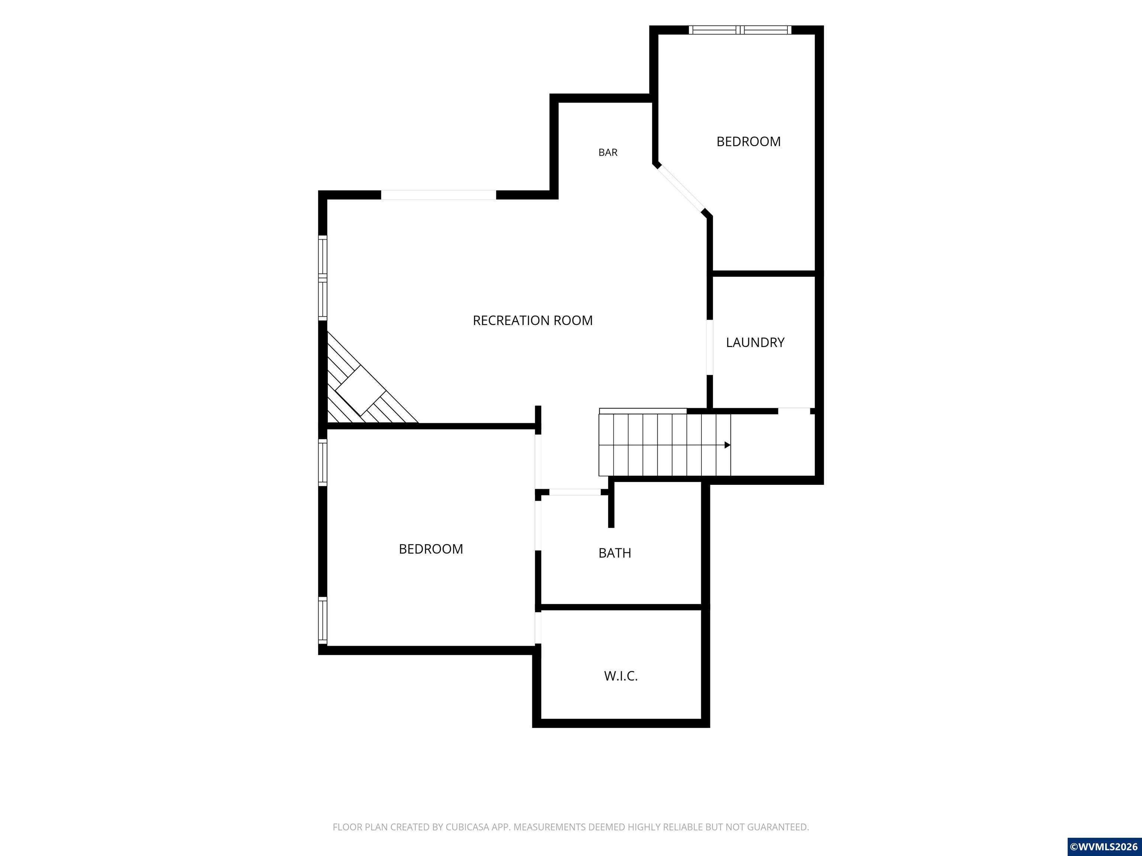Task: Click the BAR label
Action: click(x=608, y=152)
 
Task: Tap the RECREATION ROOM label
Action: click(x=533, y=320)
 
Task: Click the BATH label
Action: click(x=615, y=553)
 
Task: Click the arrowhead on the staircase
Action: click(x=728, y=445)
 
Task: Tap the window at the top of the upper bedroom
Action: click(x=740, y=30)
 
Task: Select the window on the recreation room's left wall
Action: click(x=323, y=278)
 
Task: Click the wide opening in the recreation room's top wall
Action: click(x=438, y=195)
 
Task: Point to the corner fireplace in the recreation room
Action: click(x=367, y=382)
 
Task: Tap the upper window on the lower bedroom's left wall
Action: click(x=323, y=462)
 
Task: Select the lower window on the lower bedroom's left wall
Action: click(x=323, y=621)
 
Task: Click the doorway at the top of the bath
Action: click(x=575, y=492)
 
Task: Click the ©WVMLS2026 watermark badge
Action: click(x=1104, y=847)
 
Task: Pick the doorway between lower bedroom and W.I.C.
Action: click(x=538, y=628)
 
